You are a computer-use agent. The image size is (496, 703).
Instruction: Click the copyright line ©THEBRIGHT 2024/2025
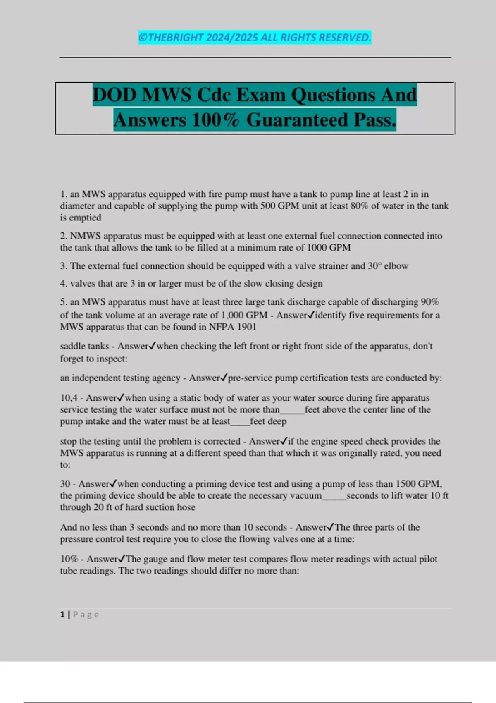(255, 38)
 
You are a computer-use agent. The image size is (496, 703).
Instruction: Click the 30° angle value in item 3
(374, 266)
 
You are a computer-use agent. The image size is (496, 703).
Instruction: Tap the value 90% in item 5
(429, 302)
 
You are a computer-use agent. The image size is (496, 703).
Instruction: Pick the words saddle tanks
(84, 346)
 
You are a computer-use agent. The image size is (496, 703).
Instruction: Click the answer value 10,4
(69, 398)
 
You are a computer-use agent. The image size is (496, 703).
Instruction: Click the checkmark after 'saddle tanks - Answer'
(152, 346)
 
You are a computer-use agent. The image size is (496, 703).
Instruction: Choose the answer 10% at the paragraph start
(69, 559)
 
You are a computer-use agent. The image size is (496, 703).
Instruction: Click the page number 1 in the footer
(62, 615)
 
